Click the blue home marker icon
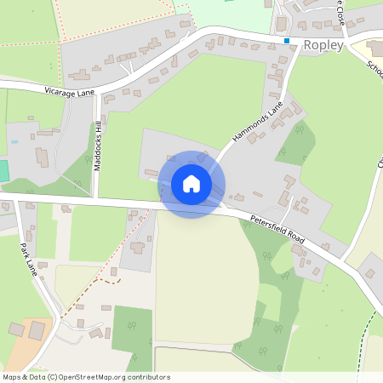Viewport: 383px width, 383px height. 191,184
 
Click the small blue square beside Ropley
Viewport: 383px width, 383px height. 288,41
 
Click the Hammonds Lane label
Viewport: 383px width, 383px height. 257,124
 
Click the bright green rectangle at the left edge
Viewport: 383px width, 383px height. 3,169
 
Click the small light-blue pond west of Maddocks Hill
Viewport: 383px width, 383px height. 14,142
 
